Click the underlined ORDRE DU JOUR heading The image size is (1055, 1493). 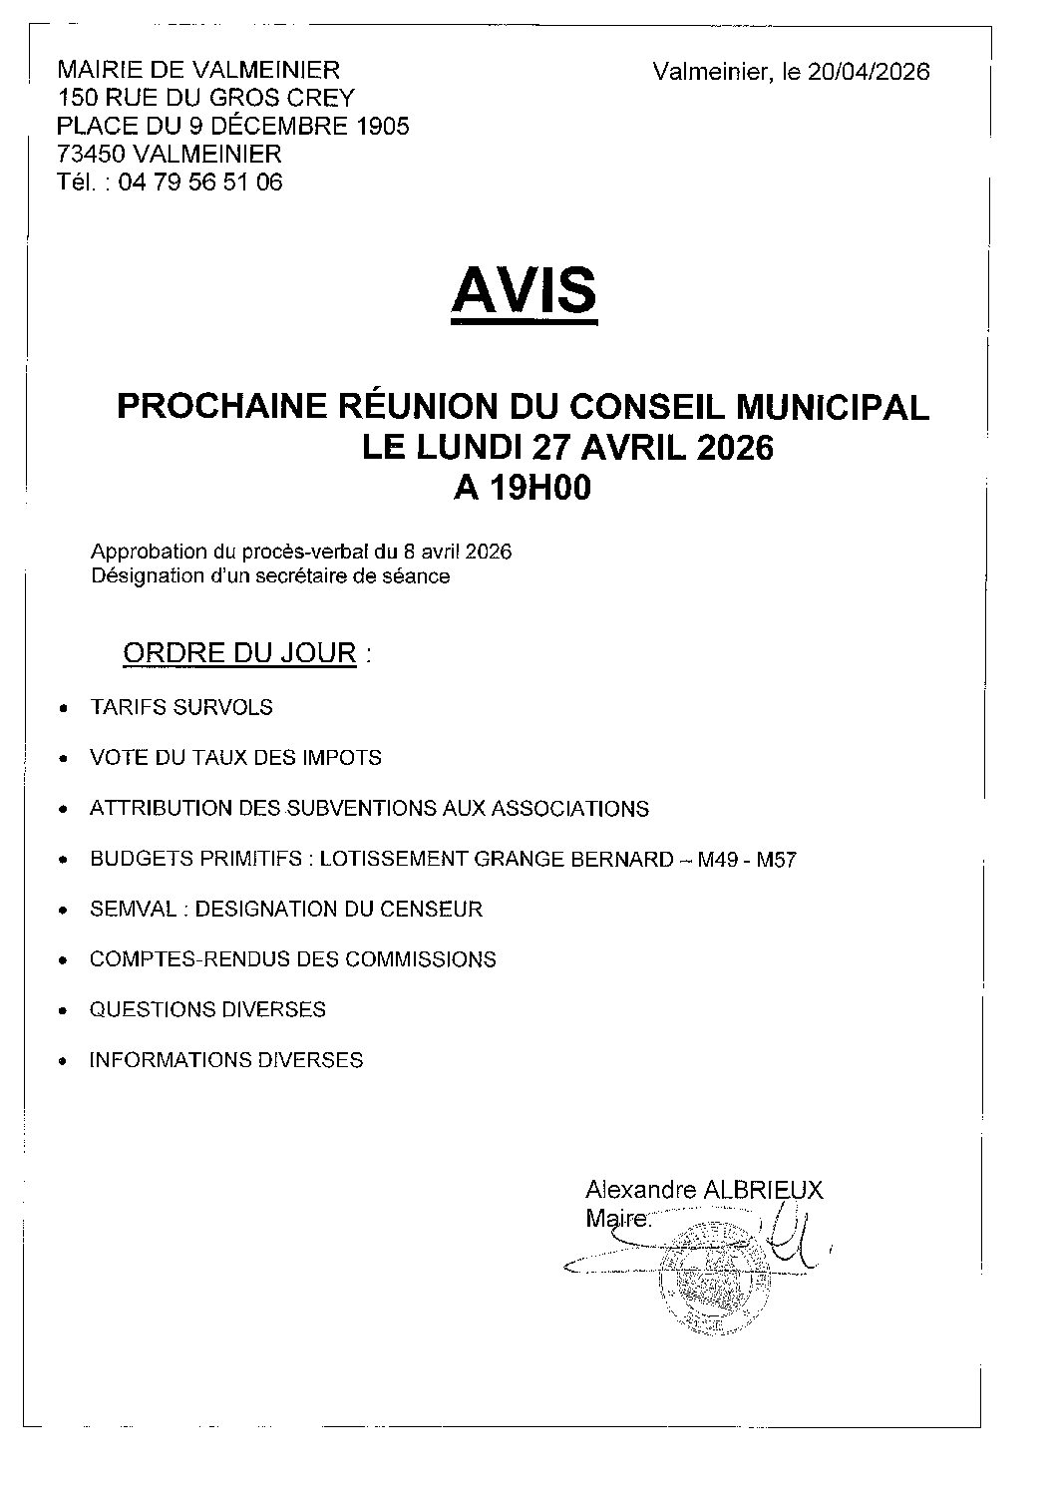239,653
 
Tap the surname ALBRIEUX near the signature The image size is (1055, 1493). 764,1190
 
